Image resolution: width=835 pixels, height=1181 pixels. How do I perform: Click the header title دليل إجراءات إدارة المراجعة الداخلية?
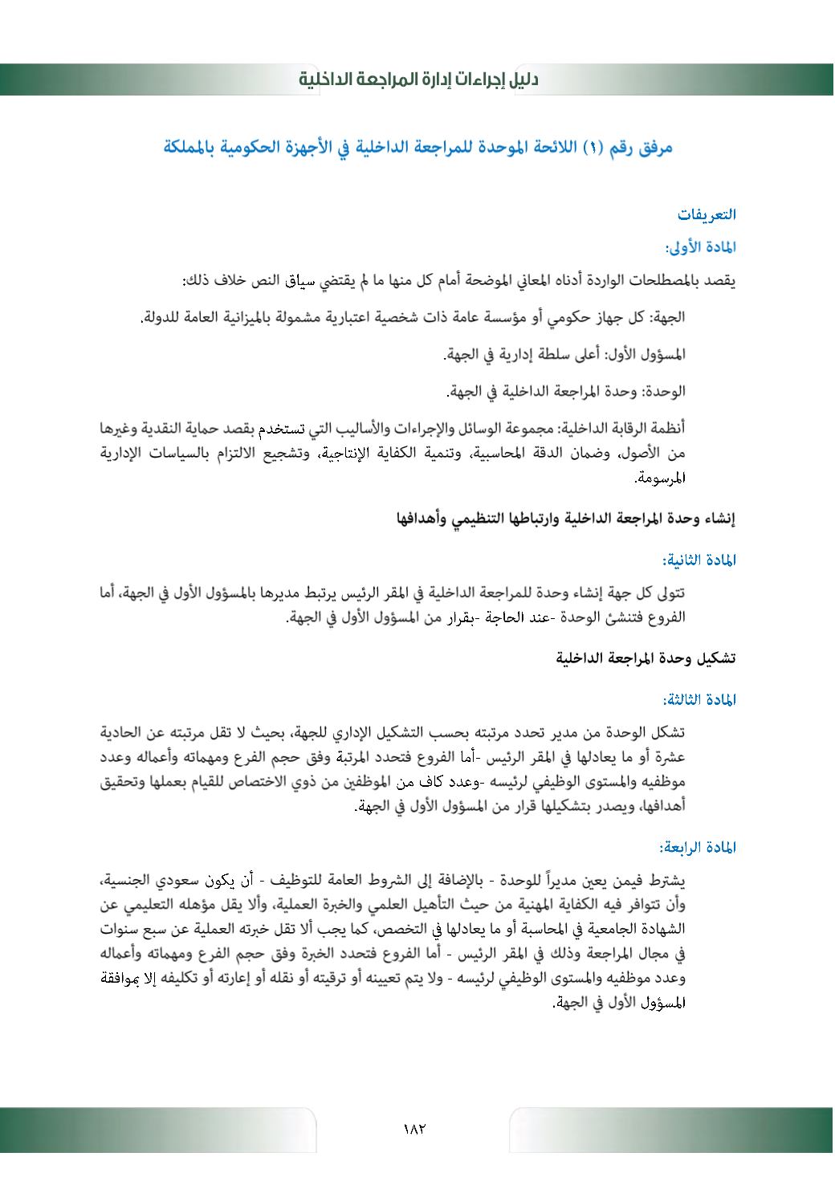point(418,79)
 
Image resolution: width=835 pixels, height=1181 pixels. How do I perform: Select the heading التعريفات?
point(707,215)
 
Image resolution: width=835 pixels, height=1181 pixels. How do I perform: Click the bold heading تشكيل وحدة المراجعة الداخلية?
point(646,659)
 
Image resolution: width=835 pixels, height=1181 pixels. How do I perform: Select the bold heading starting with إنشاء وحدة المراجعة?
point(566,519)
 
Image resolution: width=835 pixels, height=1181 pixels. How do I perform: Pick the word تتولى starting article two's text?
point(670,594)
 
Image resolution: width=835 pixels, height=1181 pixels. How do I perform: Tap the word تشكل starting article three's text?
point(670,734)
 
